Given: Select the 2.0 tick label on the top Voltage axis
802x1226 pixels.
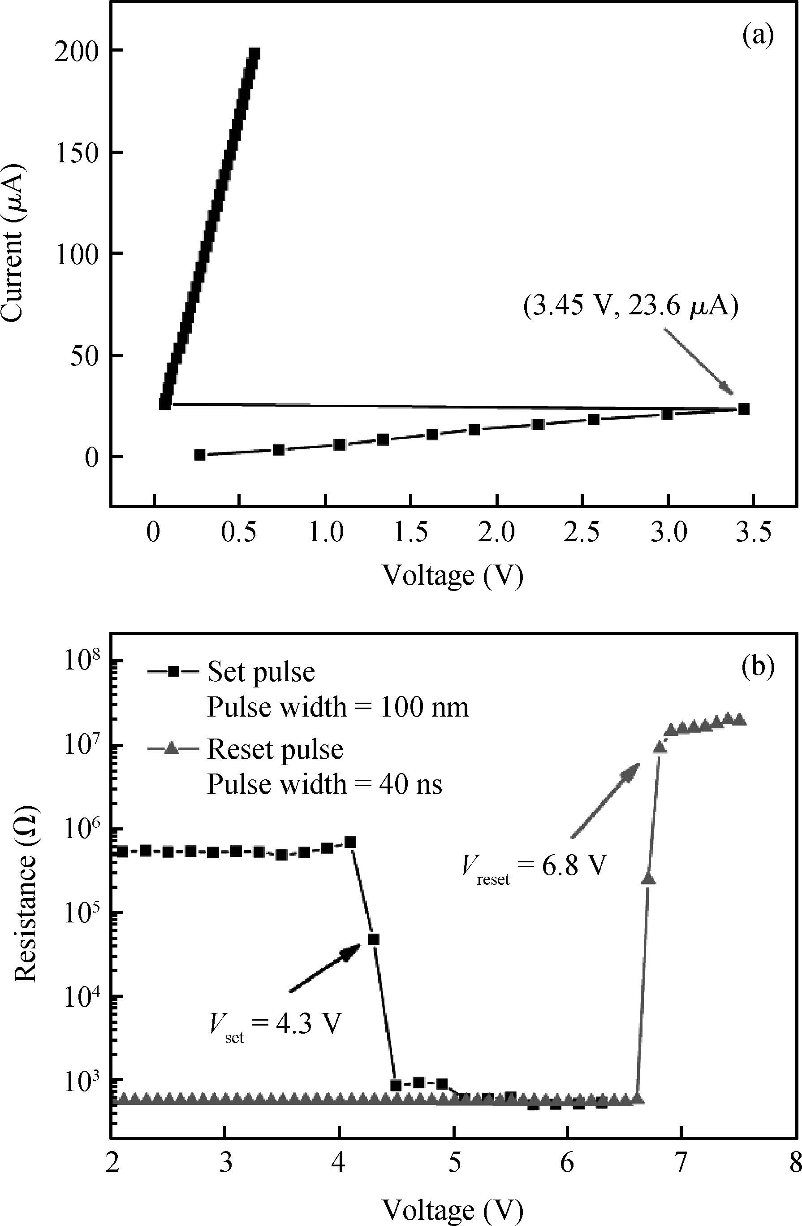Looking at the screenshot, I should click(x=496, y=533).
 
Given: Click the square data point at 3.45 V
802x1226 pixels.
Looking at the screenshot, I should click(x=743, y=409).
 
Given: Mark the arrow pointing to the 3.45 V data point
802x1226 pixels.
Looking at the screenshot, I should click(x=698, y=361).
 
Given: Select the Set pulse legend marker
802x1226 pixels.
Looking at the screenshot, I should click(x=174, y=672).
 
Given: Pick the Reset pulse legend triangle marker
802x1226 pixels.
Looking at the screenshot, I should click(x=174, y=749).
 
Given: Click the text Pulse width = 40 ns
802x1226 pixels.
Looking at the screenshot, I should click(x=324, y=785).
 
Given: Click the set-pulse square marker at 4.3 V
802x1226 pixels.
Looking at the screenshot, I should click(x=373, y=939).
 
